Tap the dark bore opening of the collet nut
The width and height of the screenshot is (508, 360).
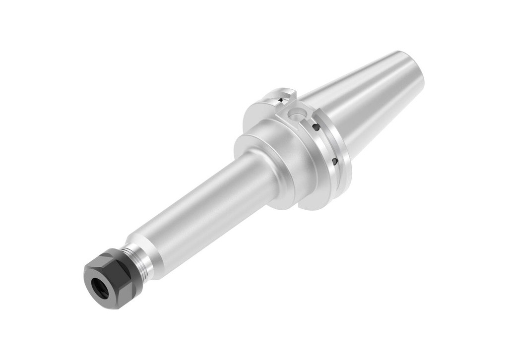[101, 289]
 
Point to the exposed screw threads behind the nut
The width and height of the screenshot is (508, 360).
[136, 262]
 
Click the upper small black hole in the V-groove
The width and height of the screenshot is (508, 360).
[316, 127]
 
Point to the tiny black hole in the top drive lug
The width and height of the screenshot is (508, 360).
[281, 101]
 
